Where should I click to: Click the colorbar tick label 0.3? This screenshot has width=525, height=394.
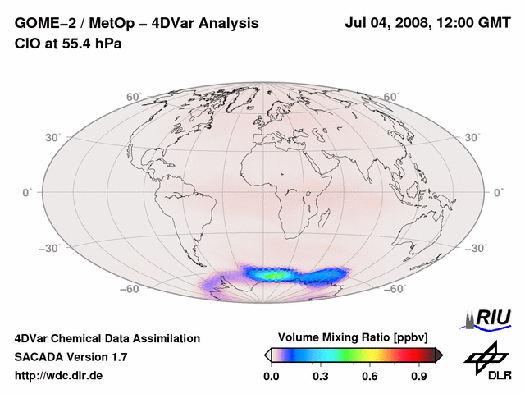pyautogui.click(x=320, y=377)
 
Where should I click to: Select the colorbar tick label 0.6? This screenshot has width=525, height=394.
pyautogui.click(x=370, y=377)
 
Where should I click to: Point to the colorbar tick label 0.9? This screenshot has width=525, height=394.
pyautogui.click(x=420, y=377)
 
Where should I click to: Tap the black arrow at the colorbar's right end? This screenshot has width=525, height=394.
pyautogui.click(x=439, y=355)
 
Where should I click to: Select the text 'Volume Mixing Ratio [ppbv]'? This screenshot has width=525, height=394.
pyautogui.click(x=353, y=337)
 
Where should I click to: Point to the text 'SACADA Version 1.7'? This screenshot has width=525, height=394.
pyautogui.click(x=71, y=357)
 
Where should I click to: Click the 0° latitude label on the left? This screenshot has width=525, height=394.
pyautogui.click(x=27, y=192)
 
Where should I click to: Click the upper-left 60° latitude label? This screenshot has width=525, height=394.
pyautogui.click(x=134, y=97)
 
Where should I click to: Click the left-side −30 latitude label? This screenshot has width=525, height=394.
pyautogui.click(x=52, y=249)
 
